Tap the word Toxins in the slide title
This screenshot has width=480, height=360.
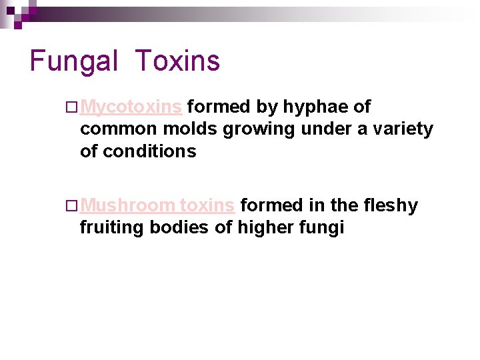pyautogui.click(x=177, y=61)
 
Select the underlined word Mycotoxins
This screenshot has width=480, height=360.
pyautogui.click(x=133, y=107)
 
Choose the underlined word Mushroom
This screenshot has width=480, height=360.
pyautogui.click(x=127, y=205)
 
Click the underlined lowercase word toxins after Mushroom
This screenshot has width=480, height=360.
pyautogui.click(x=207, y=205)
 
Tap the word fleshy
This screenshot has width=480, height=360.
pyautogui.click(x=391, y=205)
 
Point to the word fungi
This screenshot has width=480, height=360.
pyautogui.click(x=323, y=228)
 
